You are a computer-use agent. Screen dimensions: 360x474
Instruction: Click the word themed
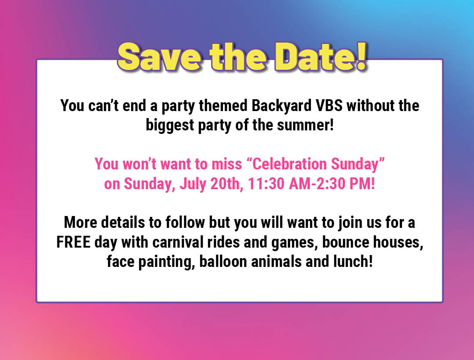(x=227, y=106)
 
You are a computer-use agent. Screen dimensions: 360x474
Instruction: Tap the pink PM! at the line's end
(x=363, y=184)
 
